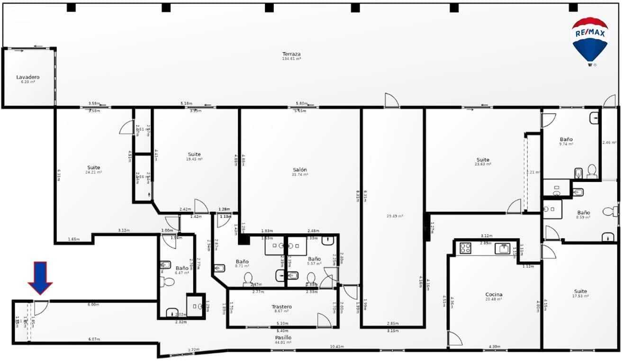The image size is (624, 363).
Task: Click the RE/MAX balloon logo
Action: tap(590, 41)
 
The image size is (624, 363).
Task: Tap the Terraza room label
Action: tap(291, 54)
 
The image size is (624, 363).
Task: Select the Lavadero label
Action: tap(28, 77)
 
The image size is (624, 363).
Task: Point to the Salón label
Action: tap(299, 170)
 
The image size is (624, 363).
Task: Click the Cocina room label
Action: tap(494, 294)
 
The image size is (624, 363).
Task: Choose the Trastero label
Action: tap(281, 307)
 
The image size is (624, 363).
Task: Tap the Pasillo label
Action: tap(283, 337)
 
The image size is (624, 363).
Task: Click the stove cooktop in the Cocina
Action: tap(465, 248)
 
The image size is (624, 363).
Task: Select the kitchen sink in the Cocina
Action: tap(502, 248)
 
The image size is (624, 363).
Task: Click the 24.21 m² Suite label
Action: tap(93, 168)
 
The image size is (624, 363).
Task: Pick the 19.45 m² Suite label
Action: tap(194, 154)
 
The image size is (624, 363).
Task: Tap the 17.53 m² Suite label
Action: tap(580, 291)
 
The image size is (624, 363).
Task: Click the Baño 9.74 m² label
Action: tap(566, 139)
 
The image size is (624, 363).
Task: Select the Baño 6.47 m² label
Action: tap(182, 268)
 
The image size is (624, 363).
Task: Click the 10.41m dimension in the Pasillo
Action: tap(336, 347)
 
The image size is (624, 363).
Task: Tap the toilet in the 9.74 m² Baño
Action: tap(592, 171)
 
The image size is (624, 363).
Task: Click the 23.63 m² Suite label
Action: tap(483, 160)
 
